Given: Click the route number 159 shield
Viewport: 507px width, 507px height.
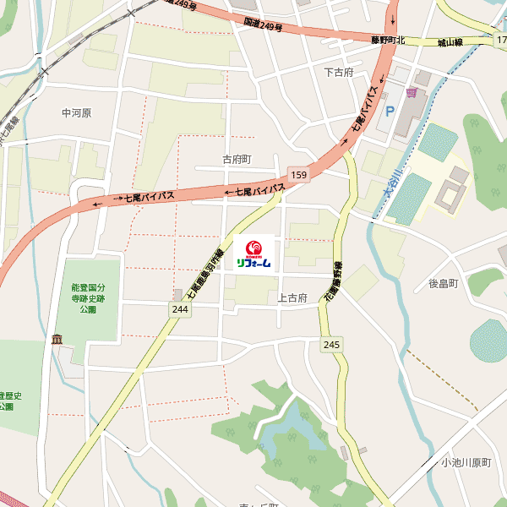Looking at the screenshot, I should click(297, 174).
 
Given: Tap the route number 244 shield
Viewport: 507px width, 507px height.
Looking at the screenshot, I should click(179, 309).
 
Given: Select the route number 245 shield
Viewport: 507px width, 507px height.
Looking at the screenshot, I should click(331, 344).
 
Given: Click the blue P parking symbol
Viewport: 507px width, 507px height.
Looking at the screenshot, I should click(390, 111).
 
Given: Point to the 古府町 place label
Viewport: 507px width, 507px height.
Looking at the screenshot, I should click(237, 159).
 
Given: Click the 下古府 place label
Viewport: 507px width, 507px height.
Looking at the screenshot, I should click(338, 72).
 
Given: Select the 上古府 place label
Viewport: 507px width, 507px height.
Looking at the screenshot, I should click(292, 298).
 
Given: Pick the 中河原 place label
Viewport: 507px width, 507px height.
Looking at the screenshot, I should click(76, 112).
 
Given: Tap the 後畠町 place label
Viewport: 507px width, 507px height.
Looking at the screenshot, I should click(442, 283).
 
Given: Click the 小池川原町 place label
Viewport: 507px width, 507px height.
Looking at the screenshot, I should click(465, 462).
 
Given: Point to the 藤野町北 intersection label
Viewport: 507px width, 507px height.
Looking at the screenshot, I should click(388, 40).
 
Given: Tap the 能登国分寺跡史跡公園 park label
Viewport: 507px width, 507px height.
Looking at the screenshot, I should click(83, 298).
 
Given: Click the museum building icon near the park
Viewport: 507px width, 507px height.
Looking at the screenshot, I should click(57, 340).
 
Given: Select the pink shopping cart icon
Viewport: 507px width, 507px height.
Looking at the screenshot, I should click(412, 92).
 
